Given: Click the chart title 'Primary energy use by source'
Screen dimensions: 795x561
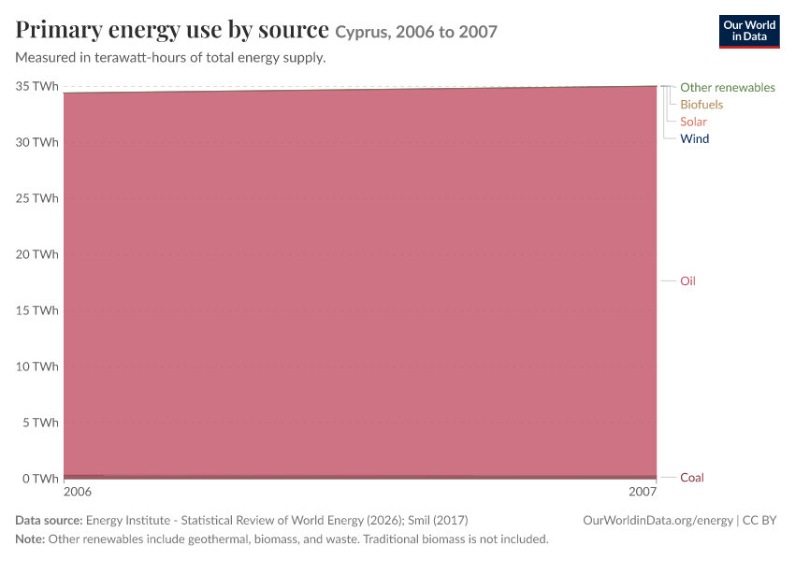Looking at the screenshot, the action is (172, 30).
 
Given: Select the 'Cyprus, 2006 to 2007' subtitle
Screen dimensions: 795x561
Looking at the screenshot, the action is (416, 32).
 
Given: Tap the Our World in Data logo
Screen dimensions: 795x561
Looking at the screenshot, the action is (749, 32).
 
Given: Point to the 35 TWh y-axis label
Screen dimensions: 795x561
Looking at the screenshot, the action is (37, 86).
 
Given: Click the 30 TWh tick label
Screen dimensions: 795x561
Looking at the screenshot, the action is (37, 142).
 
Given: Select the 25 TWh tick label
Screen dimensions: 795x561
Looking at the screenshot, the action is (37, 198).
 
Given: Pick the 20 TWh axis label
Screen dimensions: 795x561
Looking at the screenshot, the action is (37, 254).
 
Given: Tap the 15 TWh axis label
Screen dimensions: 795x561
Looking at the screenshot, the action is (37, 310).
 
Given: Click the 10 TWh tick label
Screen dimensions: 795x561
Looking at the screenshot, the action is (37, 367).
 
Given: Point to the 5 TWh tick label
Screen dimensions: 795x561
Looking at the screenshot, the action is (40, 423).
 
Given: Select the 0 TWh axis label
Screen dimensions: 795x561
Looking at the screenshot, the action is (40, 479).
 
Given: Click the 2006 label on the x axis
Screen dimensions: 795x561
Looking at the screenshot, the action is (78, 492).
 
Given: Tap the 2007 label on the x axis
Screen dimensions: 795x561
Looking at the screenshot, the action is (643, 492).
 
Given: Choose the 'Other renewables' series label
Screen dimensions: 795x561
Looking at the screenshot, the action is (728, 88).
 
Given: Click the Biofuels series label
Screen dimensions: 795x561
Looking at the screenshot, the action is (701, 105).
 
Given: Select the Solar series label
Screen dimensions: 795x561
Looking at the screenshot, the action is (693, 122).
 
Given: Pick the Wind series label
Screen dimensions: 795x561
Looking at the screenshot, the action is (695, 139).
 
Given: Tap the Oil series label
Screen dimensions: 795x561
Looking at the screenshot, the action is (687, 280).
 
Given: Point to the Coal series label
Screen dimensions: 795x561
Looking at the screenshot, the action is (691, 478).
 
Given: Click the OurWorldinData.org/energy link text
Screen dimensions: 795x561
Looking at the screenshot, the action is (658, 521).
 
